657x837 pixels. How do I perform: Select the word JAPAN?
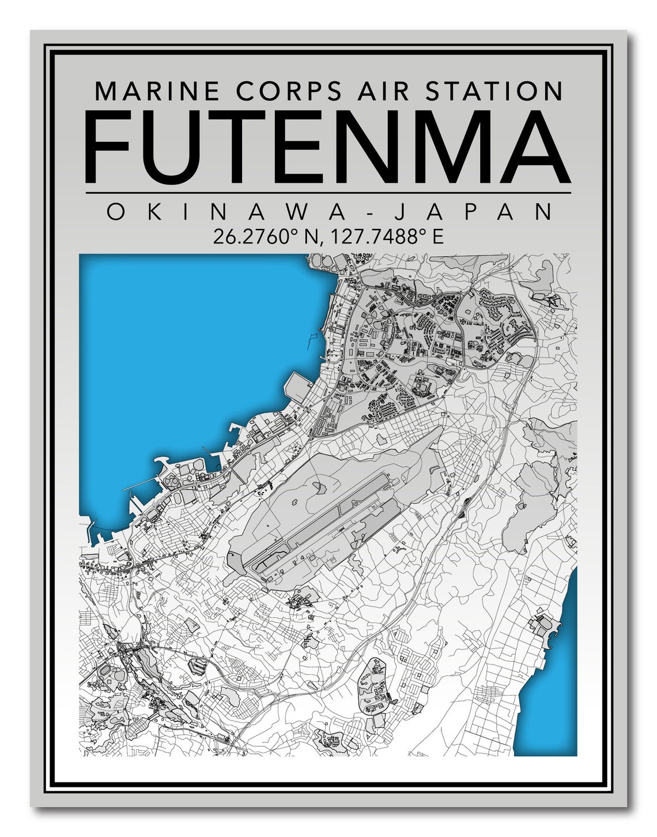(x=473, y=212)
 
